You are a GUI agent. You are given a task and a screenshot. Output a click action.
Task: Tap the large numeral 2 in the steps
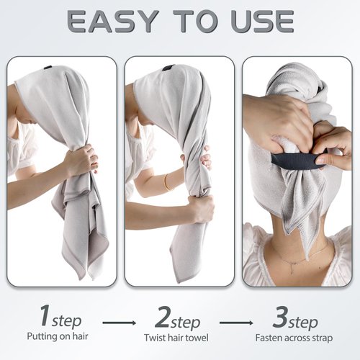pyautogui.click(x=161, y=316)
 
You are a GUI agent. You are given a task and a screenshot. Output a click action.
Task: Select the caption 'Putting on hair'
pyautogui.click(x=59, y=337)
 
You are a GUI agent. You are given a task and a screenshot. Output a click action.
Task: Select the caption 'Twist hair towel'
pyautogui.click(x=180, y=337)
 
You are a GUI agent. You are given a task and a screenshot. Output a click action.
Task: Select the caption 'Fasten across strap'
pyautogui.click(x=297, y=337)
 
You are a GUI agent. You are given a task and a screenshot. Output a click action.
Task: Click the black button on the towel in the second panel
pyautogui.click(x=168, y=68)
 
